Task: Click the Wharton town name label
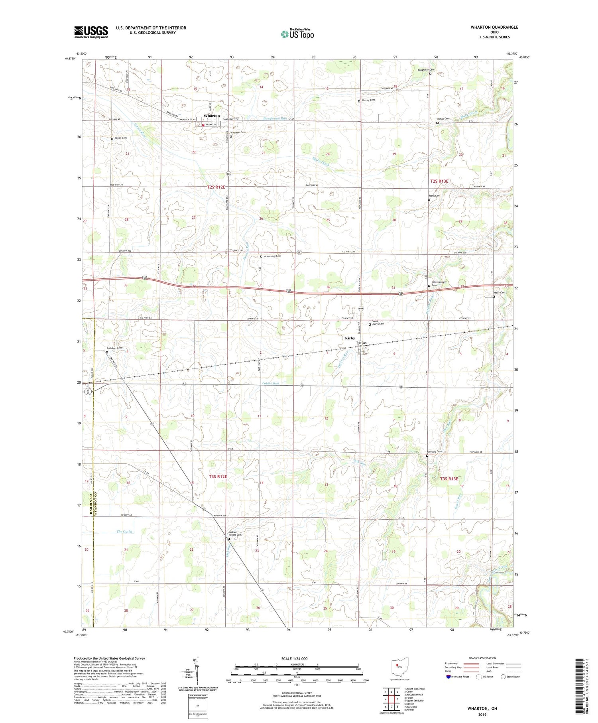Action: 211,116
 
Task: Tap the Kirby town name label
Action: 350,338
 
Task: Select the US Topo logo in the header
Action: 297,34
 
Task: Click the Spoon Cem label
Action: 120,138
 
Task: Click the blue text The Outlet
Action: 124,532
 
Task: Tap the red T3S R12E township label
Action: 218,477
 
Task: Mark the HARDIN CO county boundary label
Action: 90,502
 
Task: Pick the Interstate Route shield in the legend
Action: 448,676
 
